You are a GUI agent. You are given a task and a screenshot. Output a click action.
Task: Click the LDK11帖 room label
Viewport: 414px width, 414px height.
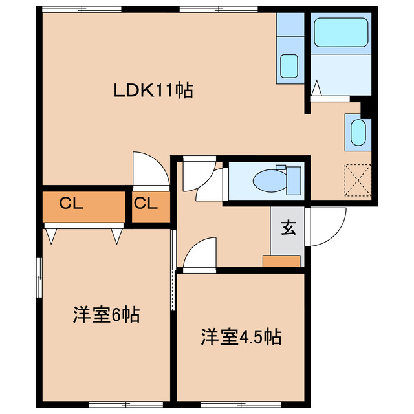coord(153,91)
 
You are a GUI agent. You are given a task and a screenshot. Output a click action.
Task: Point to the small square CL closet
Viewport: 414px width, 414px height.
coord(146,204)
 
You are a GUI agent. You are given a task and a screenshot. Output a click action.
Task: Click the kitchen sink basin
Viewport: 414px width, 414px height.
coord(289,65)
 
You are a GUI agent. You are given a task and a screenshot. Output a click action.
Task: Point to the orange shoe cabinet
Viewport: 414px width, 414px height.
coord(281,261)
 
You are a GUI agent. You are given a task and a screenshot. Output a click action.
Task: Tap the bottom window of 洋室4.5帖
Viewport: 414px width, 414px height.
coord(241,405)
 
